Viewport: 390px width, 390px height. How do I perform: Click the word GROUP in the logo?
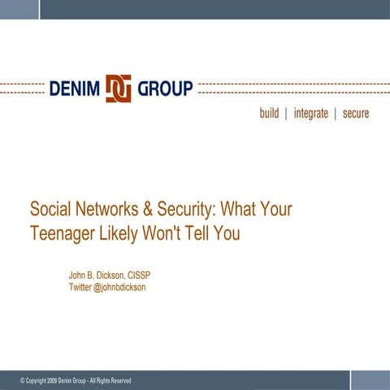[x=165, y=88]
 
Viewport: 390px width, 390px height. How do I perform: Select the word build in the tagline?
[x=269, y=114]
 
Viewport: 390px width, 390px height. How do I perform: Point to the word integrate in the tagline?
[x=311, y=114]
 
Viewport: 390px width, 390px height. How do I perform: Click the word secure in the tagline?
[x=356, y=114]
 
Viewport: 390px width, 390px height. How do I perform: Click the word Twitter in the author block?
[x=80, y=288]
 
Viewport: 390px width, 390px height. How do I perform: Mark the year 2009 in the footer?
[x=52, y=380]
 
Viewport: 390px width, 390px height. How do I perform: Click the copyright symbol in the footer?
[x=22, y=380]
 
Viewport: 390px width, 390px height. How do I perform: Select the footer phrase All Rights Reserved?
[x=110, y=380]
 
